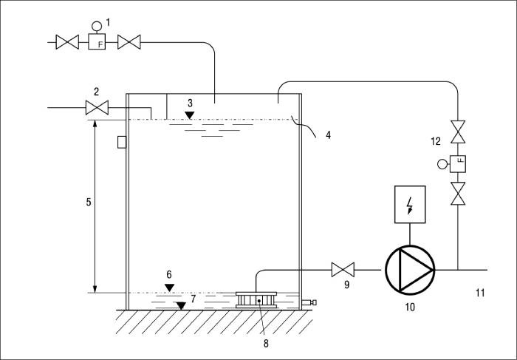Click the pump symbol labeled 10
[410, 270]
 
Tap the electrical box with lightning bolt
[410, 204]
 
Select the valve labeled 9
[343, 270]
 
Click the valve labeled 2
[97, 108]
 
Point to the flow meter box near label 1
[97, 42]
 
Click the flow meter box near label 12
[458, 163]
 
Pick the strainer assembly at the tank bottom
[256, 300]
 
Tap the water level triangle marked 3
[189, 115]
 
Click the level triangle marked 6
[169, 288]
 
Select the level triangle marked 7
[181, 306]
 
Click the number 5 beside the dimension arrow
[89, 202]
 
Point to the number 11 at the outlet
[480, 293]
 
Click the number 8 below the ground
[266, 344]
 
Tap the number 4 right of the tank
[328, 135]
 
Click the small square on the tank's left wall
[122, 142]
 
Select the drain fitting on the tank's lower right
[309, 302]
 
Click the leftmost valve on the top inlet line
[67, 42]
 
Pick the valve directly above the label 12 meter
[458, 132]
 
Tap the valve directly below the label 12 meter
[458, 194]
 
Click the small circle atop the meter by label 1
[97, 25]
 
